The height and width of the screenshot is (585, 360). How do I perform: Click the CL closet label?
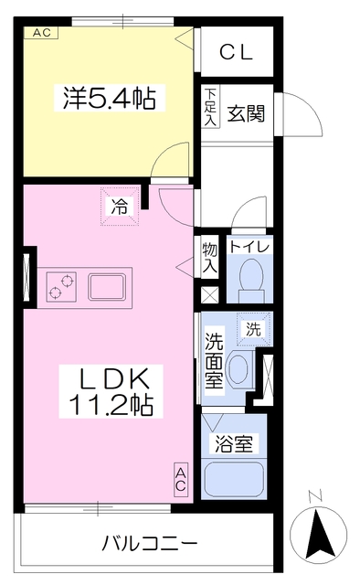[236, 52]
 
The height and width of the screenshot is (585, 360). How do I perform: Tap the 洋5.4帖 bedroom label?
[110, 98]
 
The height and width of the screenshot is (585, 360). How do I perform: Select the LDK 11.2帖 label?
[111, 391]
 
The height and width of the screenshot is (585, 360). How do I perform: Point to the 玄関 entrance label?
[246, 113]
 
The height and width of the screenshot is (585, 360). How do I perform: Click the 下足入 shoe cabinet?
[211, 107]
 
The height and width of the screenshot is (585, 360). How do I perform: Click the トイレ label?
[249, 247]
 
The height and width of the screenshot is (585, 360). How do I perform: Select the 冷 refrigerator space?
[120, 207]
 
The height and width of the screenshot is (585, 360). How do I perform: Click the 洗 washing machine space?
[253, 329]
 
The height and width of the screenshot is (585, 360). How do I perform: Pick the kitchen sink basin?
[107, 286]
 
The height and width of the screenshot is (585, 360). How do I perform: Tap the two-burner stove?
[61, 286]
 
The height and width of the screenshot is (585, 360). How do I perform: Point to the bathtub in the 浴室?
[234, 479]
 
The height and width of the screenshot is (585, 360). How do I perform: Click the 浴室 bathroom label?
[234, 444]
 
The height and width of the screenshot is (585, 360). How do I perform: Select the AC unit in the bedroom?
[41, 33]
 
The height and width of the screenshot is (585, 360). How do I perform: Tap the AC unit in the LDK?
[181, 479]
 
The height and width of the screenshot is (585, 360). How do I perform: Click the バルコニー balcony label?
[150, 543]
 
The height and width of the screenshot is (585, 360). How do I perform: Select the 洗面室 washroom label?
[214, 360]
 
